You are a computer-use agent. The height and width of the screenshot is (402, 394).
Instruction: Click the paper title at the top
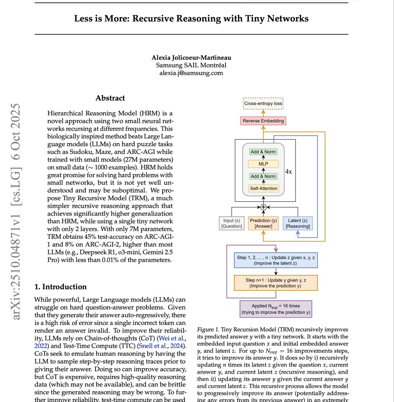[x=191, y=18]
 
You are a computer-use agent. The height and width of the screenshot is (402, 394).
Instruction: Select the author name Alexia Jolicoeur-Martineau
[x=191, y=58]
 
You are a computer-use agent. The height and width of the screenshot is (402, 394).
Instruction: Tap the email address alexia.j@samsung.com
[x=191, y=73]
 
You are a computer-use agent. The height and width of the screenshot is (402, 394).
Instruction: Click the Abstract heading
[x=110, y=98]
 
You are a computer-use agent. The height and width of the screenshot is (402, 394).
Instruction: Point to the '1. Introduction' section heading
[x=61, y=287]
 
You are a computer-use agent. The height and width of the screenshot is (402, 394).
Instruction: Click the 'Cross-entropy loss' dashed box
[x=263, y=104]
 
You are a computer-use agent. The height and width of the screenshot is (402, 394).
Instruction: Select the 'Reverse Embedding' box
[x=263, y=121]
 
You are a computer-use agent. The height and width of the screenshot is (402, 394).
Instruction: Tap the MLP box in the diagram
[x=263, y=164]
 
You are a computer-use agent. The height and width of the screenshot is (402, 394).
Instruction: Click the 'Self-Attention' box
[x=264, y=189]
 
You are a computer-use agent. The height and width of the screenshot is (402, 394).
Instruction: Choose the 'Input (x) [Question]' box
[x=232, y=223]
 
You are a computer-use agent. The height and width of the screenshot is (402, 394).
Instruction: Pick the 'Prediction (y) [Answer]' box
[x=264, y=223]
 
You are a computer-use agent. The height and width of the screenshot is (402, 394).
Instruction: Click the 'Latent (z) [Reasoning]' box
[x=298, y=223]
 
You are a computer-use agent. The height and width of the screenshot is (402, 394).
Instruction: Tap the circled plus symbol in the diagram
[x=263, y=207]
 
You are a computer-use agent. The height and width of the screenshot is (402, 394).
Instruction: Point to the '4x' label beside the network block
[x=288, y=172]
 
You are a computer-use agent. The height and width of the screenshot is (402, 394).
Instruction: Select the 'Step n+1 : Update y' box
[x=276, y=283]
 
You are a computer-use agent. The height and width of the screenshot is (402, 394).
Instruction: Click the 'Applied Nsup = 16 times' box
[x=276, y=309]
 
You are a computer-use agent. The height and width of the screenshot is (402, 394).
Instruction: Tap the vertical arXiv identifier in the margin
[x=16, y=211]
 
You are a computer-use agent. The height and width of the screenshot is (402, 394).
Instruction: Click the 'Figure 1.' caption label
[x=208, y=330]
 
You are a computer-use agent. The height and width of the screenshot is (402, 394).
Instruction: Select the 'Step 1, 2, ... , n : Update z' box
[x=276, y=260]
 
